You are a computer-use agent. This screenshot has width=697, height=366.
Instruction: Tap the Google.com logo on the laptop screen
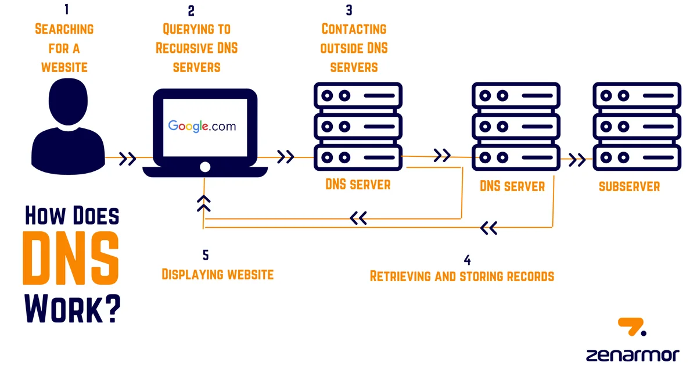tap(202, 126)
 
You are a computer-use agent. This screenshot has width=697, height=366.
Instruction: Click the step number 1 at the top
tap(66, 10)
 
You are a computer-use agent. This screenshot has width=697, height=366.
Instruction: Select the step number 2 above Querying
tap(192, 10)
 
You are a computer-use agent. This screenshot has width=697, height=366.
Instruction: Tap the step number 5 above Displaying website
tap(205, 255)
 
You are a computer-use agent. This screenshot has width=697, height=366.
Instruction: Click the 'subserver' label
tap(629, 186)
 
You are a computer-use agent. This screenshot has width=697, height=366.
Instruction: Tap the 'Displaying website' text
tap(217, 274)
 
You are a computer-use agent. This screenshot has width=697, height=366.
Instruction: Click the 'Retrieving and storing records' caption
tap(462, 276)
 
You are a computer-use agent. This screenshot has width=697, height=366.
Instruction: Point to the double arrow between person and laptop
tap(128, 158)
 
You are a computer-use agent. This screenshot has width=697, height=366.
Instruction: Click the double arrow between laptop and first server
tap(286, 157)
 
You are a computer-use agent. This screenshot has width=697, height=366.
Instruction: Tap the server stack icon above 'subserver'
tap(636, 126)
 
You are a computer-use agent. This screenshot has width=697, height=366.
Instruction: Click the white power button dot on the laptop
tap(204, 167)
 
